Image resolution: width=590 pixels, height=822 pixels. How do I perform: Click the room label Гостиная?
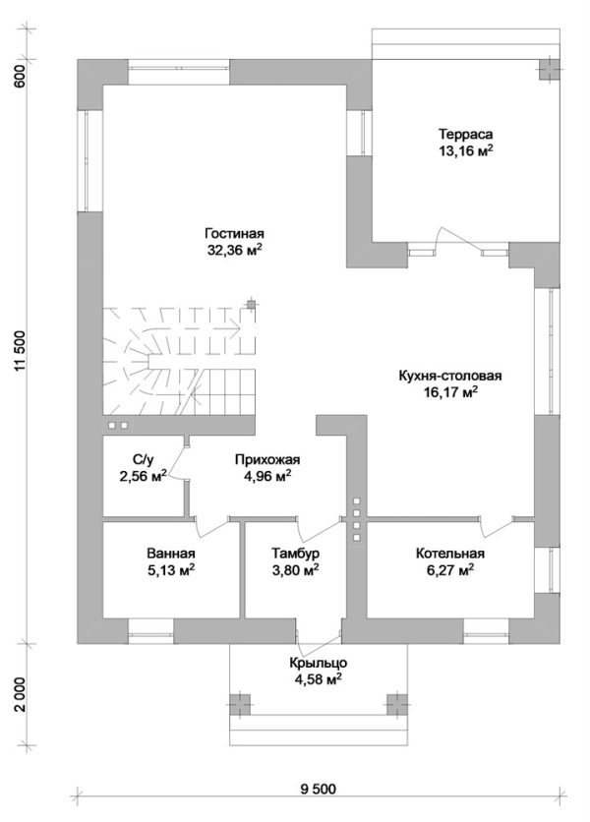pos(236,234)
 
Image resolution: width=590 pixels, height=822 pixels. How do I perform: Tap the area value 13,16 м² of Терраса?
pos(466,150)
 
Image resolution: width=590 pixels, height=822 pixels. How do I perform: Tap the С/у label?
pos(142,459)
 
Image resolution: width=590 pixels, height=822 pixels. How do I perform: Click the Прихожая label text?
pos(266,459)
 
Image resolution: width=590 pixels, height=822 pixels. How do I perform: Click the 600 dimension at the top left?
pos(21,77)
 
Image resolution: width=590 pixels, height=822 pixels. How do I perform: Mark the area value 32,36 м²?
pos(236,250)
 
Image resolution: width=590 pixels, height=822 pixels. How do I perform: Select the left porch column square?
pos(237,704)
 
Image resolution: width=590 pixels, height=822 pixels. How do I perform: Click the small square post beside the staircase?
pos(252,304)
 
